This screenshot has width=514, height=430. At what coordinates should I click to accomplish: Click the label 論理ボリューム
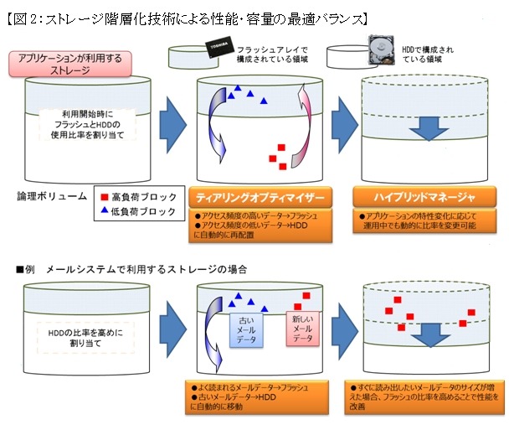coord(50,196)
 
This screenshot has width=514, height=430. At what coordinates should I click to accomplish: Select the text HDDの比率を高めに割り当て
coord(81,338)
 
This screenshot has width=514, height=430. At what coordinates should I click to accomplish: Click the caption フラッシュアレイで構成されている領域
coord(267,55)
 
